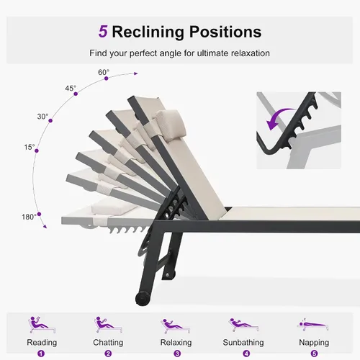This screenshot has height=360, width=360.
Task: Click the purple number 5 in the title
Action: click(x=103, y=32)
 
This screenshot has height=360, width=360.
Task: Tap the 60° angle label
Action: click(x=104, y=72)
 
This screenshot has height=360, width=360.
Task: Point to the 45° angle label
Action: click(x=71, y=88)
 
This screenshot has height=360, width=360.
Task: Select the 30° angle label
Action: click(x=42, y=117)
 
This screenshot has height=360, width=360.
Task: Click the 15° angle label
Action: click(x=30, y=147)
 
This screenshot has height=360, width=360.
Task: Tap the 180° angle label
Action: click(x=29, y=217)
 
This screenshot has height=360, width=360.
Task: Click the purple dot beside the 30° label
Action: click(x=50, y=121)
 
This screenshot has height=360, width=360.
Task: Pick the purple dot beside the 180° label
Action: click(x=39, y=214)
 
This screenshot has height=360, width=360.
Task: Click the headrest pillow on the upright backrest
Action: click(x=171, y=122)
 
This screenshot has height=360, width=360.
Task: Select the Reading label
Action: click(x=42, y=343)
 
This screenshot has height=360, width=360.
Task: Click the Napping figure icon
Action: click(x=312, y=324)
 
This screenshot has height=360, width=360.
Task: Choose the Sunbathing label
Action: click(x=243, y=343)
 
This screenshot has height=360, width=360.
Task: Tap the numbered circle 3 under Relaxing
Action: click(x=177, y=354)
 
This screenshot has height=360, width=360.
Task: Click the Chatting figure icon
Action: click(x=108, y=325)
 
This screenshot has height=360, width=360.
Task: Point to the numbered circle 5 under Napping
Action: click(x=314, y=354)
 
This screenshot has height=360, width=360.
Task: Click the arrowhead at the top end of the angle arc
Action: click(x=136, y=73)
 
